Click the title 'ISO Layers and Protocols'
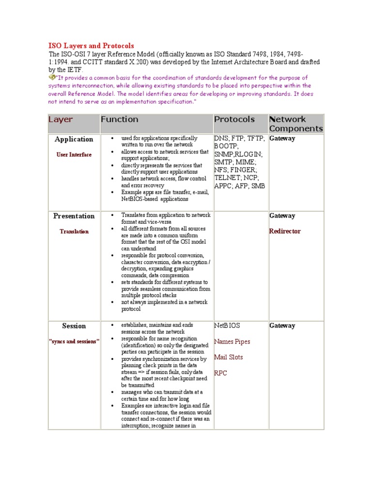tap(91, 46)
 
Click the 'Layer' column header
tap(61, 119)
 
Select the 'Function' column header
tap(119, 119)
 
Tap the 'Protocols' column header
tap(234, 119)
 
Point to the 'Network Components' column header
tap(295, 124)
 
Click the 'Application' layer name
tap(74, 139)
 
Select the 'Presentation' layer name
tap(74, 216)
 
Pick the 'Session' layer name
tap(74, 326)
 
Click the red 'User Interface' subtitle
tap(74, 155)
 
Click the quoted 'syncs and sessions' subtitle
tap(74, 341)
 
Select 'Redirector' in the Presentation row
tap(285, 231)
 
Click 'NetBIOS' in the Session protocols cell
tap(227, 326)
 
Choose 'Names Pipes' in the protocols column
tap(232, 341)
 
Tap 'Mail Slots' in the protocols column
tap(229, 357)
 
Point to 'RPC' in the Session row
tap(221, 373)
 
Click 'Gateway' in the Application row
tap(282, 139)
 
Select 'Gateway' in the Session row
tap(282, 326)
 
